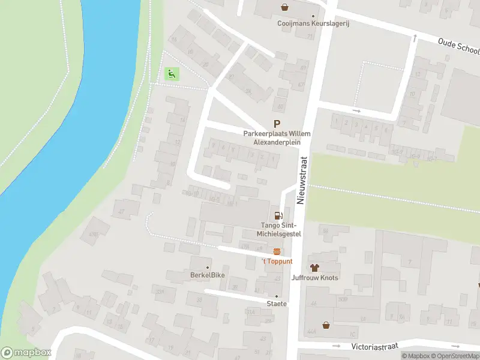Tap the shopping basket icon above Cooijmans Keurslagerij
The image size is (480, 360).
tap(284, 7)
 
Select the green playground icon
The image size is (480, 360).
tap(172, 74)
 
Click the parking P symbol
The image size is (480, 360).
tap(277, 123)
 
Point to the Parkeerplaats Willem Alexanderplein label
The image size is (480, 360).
tap(277, 137)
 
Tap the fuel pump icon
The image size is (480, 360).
tap(278, 215)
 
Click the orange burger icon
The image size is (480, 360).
tap(277, 251)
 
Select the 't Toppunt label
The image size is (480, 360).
tap(277, 262)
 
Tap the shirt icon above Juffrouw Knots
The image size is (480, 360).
tap(314, 267)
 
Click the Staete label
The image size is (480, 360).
tap(277, 304)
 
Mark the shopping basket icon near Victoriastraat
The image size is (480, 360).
tap(326, 325)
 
